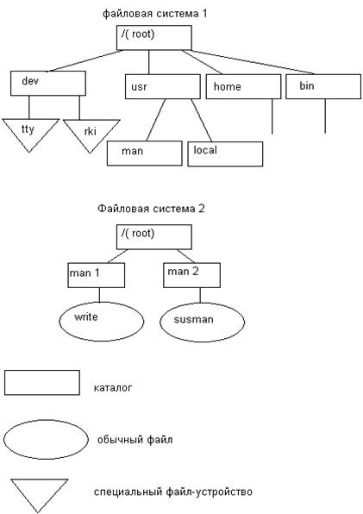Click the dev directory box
point(48,84)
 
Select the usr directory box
point(163,86)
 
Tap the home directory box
point(243,86)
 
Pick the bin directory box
point(323,86)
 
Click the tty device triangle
point(29,131)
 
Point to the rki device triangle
point(91,132)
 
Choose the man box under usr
point(145,154)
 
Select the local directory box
point(225,154)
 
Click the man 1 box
point(97,275)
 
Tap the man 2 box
point(191,275)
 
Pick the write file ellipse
point(102,321)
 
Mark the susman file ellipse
point(202,322)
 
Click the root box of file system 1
point(154,38)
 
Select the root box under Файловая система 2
point(154,237)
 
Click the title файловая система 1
point(154,14)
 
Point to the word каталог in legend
point(113,388)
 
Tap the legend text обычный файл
point(135,440)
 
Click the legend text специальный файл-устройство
point(173,492)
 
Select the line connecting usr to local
point(202,120)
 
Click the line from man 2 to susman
point(200,295)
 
